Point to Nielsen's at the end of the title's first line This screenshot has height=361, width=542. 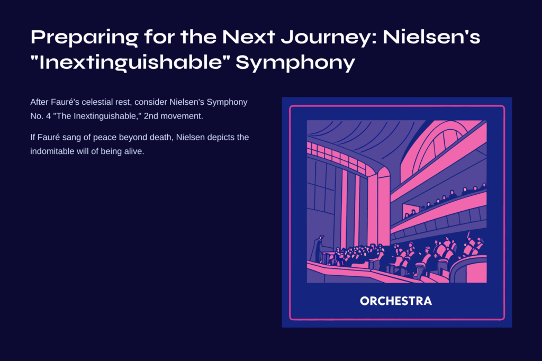(431, 37)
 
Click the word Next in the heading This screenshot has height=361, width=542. (248, 37)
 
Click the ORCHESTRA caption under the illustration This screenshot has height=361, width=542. (396, 301)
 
